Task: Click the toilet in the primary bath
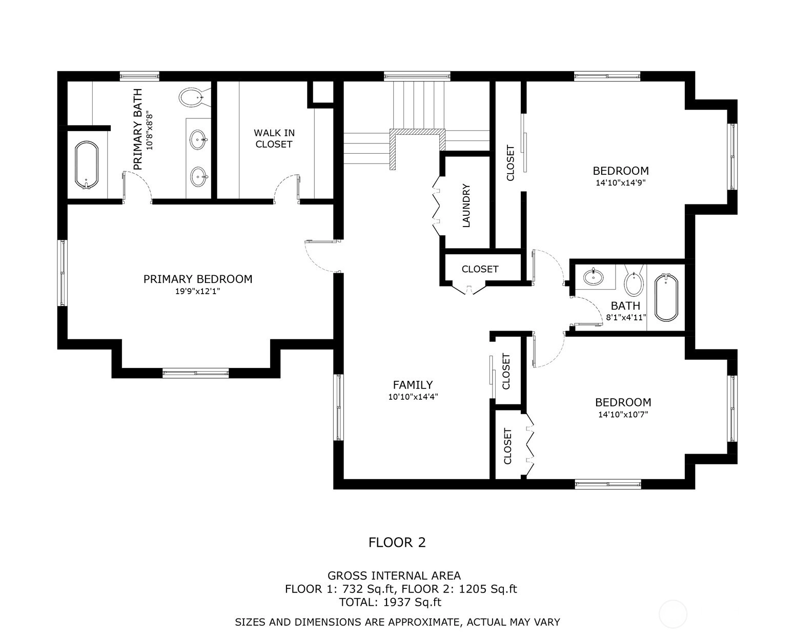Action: (x=194, y=97)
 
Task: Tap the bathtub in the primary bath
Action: (x=87, y=166)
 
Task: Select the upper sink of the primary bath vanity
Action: (x=198, y=140)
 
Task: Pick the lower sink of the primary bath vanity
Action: (x=198, y=177)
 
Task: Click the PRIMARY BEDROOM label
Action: (x=198, y=279)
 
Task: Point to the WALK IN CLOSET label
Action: (x=274, y=138)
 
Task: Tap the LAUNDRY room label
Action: (x=466, y=206)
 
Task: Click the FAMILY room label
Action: (x=413, y=385)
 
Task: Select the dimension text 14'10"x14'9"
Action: (x=621, y=182)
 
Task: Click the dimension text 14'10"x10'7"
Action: (x=623, y=414)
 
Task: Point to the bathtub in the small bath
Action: (x=666, y=297)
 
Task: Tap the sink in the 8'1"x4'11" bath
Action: (x=594, y=277)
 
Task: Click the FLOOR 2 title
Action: (x=397, y=542)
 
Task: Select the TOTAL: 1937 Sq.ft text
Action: (x=390, y=602)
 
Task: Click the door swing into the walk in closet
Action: (x=287, y=188)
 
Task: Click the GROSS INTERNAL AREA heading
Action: (x=394, y=576)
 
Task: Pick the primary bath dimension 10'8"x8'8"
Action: (x=149, y=130)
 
